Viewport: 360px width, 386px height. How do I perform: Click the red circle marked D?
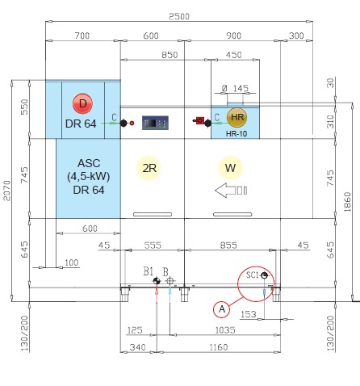82,103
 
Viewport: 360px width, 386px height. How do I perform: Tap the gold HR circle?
237,117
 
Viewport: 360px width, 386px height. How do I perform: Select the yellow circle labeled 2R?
149,168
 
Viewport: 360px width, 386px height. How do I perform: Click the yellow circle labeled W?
230,168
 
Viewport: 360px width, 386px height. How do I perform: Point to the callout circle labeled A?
222,309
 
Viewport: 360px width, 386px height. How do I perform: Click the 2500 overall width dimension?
179,16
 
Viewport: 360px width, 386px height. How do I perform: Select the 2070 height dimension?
6,191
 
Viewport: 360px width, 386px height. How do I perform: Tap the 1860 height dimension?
347,202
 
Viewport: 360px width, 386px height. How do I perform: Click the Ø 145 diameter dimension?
235,88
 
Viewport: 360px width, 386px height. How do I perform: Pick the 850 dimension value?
170,55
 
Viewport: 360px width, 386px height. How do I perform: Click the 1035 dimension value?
225,330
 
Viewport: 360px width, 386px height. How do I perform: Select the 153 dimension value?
249,314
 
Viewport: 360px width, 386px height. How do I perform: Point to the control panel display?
155,123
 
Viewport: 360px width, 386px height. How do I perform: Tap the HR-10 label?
237,133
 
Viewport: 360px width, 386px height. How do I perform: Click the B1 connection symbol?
157,281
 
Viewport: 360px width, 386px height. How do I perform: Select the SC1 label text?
253,275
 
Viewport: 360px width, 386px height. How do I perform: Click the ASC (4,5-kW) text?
89,170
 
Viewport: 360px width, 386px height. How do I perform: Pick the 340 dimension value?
137,347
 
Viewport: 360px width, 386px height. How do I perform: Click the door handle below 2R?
153,214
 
